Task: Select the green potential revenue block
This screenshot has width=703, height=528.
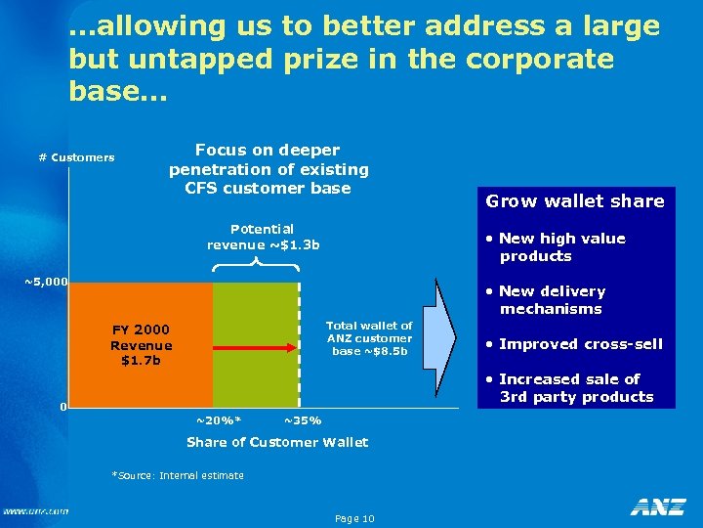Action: [x=256, y=313]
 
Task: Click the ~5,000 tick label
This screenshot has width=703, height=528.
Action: [x=46, y=283]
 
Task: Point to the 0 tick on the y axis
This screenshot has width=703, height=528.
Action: [x=62, y=406]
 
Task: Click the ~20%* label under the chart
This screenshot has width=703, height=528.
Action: [x=218, y=420]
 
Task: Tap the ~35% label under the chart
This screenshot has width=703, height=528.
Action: [x=302, y=420]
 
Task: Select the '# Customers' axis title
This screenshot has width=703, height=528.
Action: [x=76, y=157]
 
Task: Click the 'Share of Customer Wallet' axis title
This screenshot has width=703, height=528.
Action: [x=277, y=442]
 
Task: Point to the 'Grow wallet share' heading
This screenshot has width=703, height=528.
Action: [x=575, y=201]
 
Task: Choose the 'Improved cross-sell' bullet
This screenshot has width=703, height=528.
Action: [x=580, y=343]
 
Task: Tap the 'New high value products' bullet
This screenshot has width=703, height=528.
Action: [x=561, y=247]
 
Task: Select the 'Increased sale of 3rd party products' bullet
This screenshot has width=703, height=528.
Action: [x=575, y=388]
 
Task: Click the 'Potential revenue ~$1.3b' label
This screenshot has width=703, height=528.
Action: [x=263, y=237]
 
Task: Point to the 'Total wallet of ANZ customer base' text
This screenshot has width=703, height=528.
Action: [x=369, y=338]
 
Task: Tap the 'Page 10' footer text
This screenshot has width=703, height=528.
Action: [x=353, y=518]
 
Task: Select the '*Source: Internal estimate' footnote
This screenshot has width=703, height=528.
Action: [x=178, y=475]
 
